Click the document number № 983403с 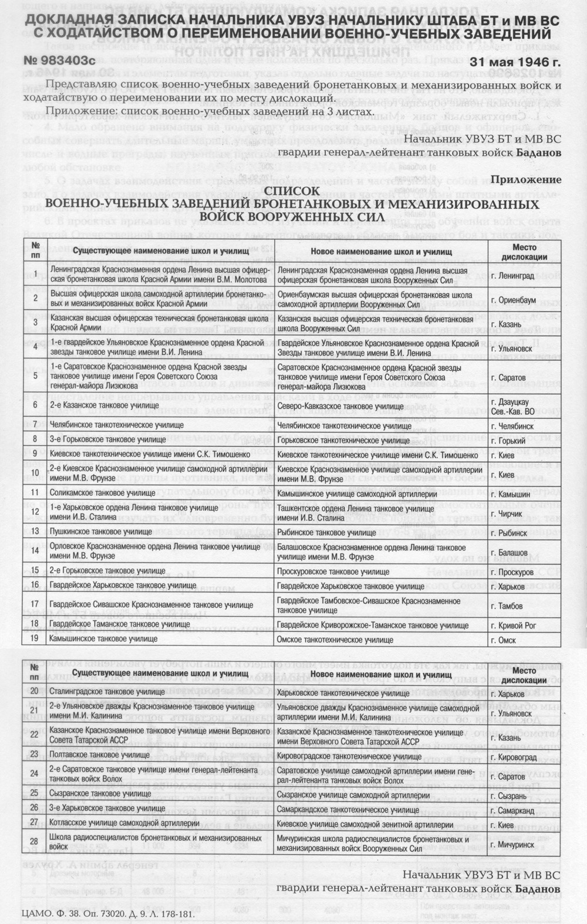[x=59, y=60]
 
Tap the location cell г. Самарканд [x=517, y=810]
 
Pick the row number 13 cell [x=35, y=531]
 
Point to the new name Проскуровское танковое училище [x=333, y=571]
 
